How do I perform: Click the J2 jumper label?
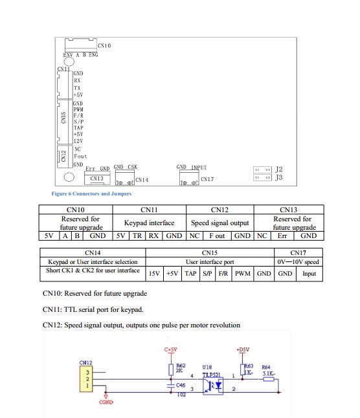tap(279, 170)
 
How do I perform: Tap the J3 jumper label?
tap(279, 177)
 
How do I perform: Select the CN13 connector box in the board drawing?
tap(97, 178)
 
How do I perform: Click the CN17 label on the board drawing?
tap(207, 179)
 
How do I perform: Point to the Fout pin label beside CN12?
tap(80, 156)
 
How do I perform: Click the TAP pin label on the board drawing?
tap(78, 128)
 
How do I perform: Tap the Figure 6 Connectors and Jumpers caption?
tap(91, 193)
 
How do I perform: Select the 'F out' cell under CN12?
tap(217, 236)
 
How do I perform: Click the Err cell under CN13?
tap(282, 236)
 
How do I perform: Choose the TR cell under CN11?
tap(137, 236)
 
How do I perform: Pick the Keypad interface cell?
tap(150, 223)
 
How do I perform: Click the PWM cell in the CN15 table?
tap(242, 274)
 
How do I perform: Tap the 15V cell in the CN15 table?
tap(154, 274)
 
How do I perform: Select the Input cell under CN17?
tap(309, 274)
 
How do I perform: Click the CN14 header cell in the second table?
tap(93, 253)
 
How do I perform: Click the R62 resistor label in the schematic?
tap(181, 366)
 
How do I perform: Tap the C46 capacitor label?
tap(181, 385)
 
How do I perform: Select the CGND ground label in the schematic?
tap(106, 402)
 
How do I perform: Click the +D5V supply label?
tap(243, 349)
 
